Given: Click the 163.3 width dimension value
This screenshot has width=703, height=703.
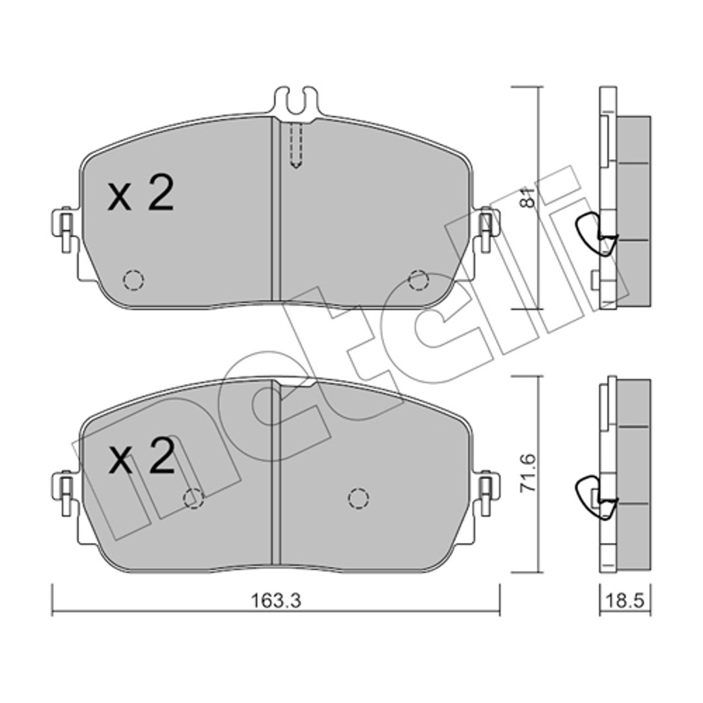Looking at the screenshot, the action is pos(275,601).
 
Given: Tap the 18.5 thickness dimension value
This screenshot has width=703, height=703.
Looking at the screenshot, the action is pos(625,600).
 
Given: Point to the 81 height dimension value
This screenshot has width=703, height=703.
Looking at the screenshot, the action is pos(528,198).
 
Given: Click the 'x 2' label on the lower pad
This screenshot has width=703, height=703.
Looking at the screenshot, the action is pos(141,456).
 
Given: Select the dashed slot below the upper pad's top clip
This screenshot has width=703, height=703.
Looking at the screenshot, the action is pos(296,146).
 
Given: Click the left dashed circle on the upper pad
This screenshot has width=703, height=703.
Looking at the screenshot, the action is pos(133,280).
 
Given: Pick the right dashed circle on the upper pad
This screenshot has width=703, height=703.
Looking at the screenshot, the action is pos(419,280).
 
